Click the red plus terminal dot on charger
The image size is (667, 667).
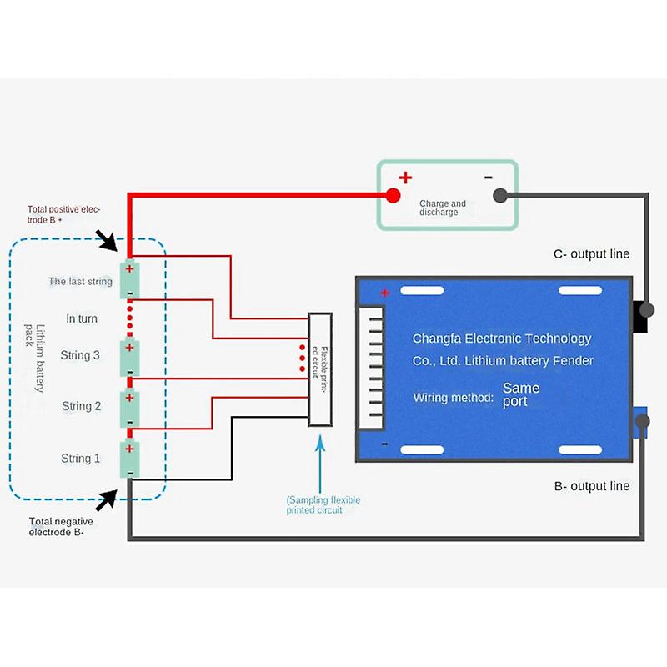click(x=392, y=196)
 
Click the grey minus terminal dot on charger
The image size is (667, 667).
click(x=500, y=196)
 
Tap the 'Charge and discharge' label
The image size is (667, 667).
click(x=442, y=208)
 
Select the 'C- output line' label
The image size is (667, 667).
click(x=591, y=253)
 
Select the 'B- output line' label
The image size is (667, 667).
click(x=591, y=486)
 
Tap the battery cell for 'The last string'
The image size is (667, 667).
click(x=129, y=279)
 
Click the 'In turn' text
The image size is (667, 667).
click(x=82, y=318)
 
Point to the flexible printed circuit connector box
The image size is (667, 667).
click(x=320, y=369)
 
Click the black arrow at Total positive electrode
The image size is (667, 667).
click(x=109, y=240)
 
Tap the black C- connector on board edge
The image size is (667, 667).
click(x=643, y=317)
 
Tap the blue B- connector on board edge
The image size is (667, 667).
click(x=640, y=421)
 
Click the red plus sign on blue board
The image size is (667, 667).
click(x=384, y=293)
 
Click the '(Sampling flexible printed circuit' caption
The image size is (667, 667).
click(x=323, y=504)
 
